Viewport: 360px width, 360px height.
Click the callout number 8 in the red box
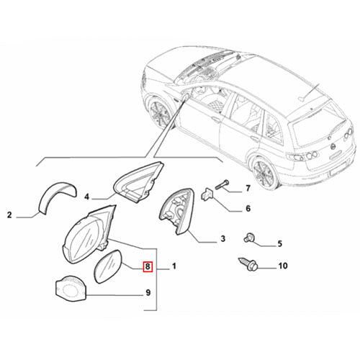pos(147,266)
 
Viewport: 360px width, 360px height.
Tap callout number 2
pos(10,215)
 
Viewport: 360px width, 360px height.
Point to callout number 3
pos(223,238)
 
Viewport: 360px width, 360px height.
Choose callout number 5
pos(282,244)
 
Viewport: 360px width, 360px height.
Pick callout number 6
pos(248,209)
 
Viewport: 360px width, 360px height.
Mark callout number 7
pos(248,189)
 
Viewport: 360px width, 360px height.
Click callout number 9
pos(147,292)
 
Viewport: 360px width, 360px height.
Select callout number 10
pos(282,266)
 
